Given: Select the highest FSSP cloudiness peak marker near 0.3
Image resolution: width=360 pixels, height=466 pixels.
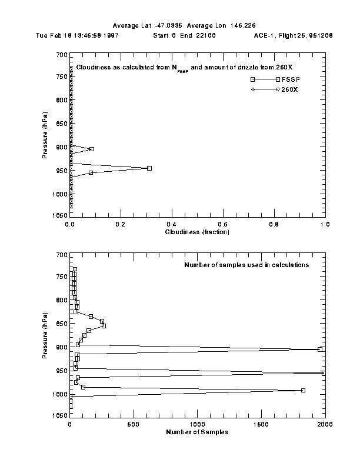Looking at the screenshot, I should (x=149, y=168).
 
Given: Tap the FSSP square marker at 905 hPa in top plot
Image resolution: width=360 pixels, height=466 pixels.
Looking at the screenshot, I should (x=92, y=149).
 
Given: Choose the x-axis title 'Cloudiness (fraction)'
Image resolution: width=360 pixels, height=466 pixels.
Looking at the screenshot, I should (x=197, y=232).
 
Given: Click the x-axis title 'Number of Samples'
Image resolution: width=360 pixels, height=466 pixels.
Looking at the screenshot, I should (x=197, y=432).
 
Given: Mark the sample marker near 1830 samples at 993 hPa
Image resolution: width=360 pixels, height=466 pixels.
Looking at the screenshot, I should (x=303, y=390).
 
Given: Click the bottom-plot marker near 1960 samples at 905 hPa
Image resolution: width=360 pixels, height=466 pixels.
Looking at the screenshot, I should (x=320, y=349).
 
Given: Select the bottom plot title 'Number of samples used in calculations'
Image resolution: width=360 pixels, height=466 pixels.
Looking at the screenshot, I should (x=255, y=265).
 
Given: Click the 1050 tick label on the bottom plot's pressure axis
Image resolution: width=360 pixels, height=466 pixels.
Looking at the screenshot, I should (x=59, y=415).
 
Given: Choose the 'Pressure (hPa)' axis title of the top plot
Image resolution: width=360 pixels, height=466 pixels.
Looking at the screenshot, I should (x=45, y=136).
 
